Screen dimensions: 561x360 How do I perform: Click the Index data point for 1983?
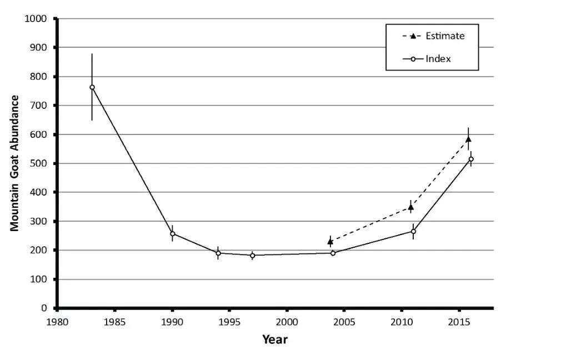pyautogui.click(x=92, y=87)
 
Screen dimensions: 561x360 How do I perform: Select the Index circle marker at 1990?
pyautogui.click(x=172, y=234)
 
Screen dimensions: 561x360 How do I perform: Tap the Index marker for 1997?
pyautogui.click(x=253, y=256)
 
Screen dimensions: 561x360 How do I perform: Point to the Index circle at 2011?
pyautogui.click(x=413, y=232)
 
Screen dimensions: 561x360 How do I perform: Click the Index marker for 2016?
pyautogui.click(x=471, y=159)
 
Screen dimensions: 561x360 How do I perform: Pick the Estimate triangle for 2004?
pyautogui.click(x=330, y=242)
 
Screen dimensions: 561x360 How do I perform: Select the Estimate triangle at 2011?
pyautogui.click(x=410, y=207)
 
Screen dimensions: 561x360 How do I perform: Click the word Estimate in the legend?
pyautogui.click(x=445, y=36)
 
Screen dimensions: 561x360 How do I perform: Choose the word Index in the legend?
pyautogui.click(x=438, y=59)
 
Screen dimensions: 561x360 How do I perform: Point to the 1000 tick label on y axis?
pyautogui.click(x=36, y=18)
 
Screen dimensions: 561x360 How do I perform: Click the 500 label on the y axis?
pyautogui.click(x=38, y=163)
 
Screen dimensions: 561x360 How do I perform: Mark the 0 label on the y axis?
pyautogui.click(x=44, y=308)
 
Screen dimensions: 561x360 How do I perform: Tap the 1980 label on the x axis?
pyautogui.click(x=57, y=322)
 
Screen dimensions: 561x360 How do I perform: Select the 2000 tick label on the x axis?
pyautogui.click(x=287, y=322)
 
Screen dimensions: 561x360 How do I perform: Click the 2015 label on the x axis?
pyautogui.click(x=459, y=322)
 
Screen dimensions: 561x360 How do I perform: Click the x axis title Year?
pyautogui.click(x=275, y=339)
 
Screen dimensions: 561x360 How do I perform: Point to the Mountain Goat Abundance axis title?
pyautogui.click(x=14, y=163)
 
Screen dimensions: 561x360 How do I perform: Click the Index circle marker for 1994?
pyautogui.click(x=218, y=253)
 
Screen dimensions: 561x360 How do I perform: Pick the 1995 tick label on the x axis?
pyautogui.click(x=229, y=322)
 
